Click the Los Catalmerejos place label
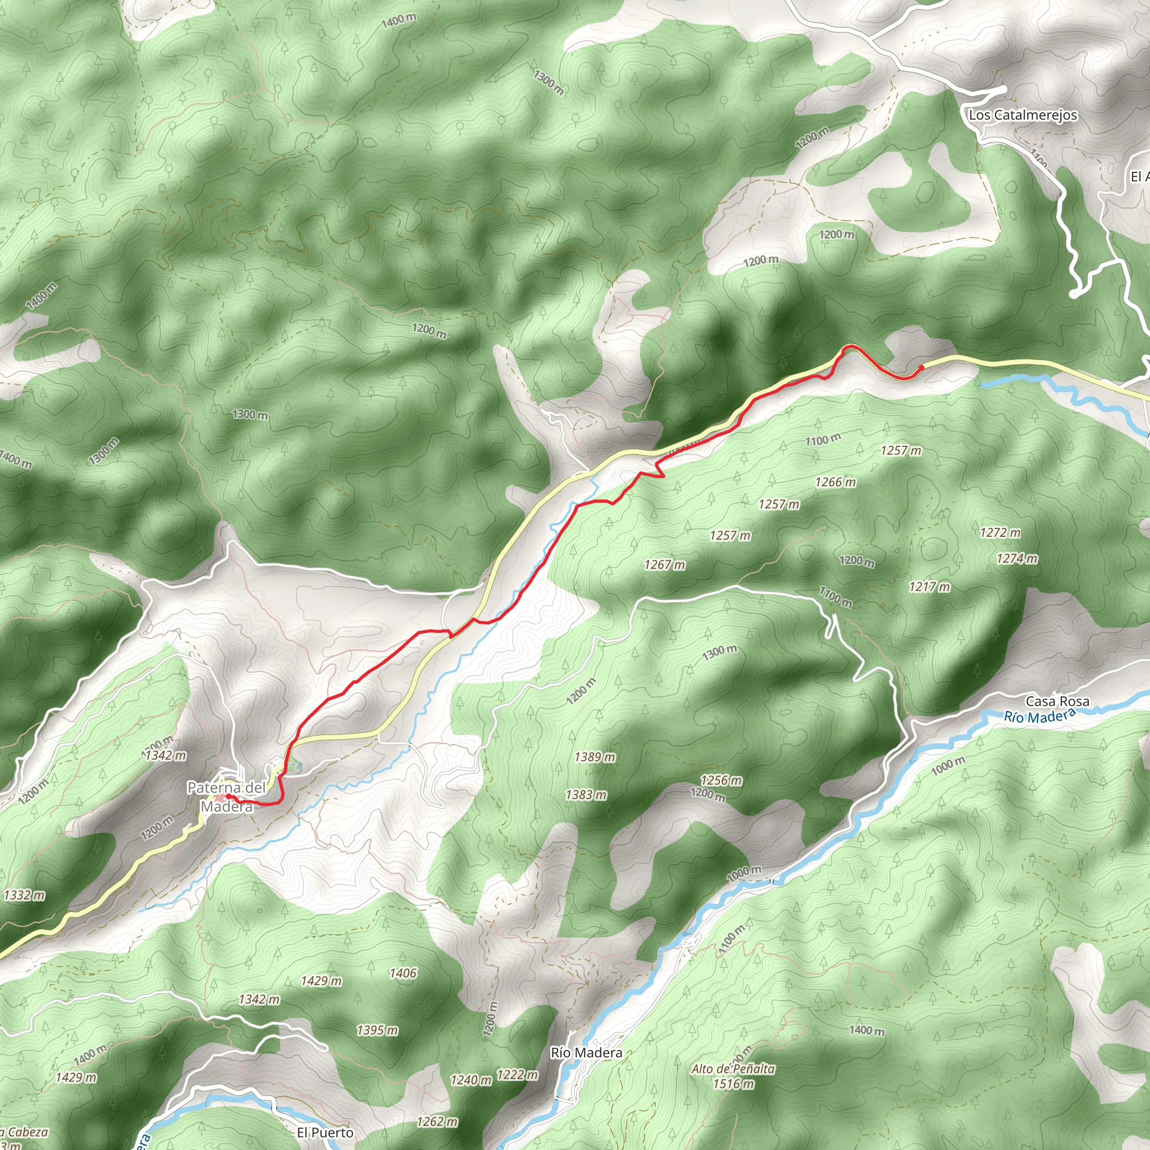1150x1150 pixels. [1023, 115]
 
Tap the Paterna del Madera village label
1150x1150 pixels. [226, 797]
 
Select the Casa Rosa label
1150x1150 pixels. [1057, 701]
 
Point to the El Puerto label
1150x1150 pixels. [325, 1132]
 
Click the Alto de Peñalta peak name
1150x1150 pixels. [733, 1069]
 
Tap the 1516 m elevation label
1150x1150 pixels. [733, 1083]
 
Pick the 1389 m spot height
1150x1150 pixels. [595, 757]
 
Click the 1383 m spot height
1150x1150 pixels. [586, 795]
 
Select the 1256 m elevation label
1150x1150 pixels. [721, 780]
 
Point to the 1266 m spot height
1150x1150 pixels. [835, 482]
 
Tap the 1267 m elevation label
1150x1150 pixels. [664, 564]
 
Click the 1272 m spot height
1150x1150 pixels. [1000, 532]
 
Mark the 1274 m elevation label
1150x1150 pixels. [1017, 558]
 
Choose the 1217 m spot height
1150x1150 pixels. [929, 587]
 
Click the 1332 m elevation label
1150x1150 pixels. [24, 895]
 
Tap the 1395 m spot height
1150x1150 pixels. [377, 1030]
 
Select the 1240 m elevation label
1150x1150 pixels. [471, 1080]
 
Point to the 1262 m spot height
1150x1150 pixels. [437, 1121]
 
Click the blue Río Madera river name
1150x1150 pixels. [1039, 716]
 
